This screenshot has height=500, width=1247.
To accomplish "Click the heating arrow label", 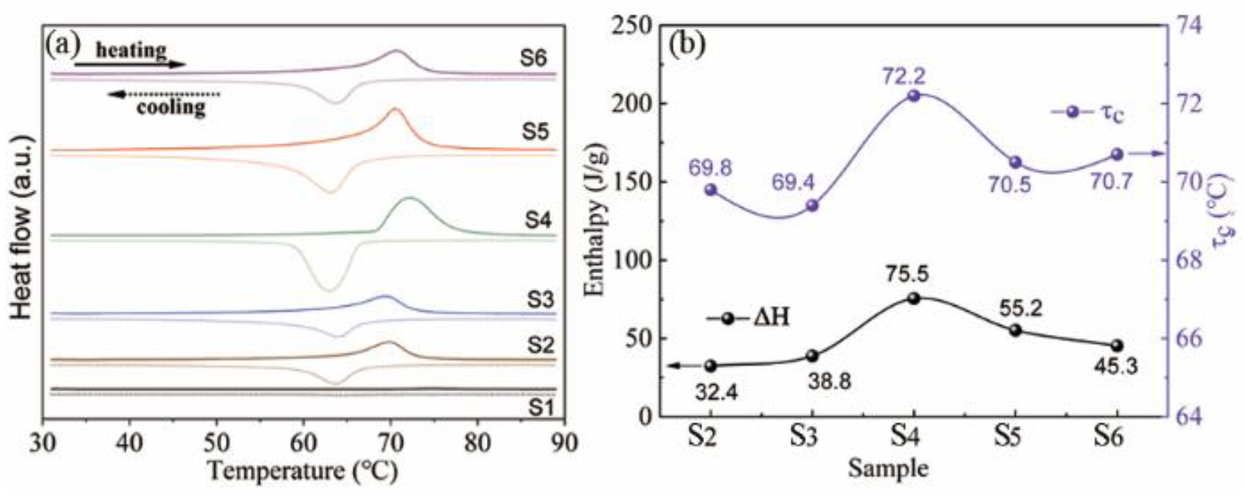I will point(131,50).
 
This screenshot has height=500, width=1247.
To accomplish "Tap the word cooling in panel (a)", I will point(171,107).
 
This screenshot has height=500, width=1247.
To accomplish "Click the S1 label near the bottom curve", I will point(540,408).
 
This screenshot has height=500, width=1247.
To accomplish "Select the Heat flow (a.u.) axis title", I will point(22,228).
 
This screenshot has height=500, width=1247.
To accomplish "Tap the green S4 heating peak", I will point(410,198).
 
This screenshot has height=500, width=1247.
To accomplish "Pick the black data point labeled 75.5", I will point(914,299).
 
